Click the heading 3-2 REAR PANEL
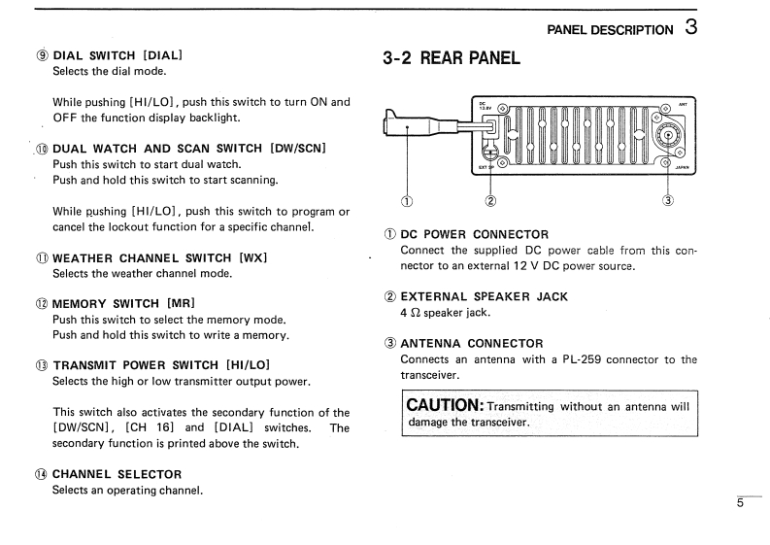pyautogui.click(x=452, y=57)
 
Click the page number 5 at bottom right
pyautogui.click(x=740, y=502)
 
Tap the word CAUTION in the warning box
pyautogui.click(x=445, y=404)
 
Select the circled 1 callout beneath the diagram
pyautogui.click(x=406, y=202)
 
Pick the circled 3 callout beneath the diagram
pyautogui.click(x=667, y=202)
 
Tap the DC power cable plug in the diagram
pyautogui.click(x=399, y=124)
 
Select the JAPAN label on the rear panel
pyautogui.click(x=681, y=167)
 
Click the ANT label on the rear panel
pyautogui.click(x=682, y=104)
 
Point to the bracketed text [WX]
pyautogui.click(x=252, y=257)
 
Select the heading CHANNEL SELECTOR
pyautogui.click(x=117, y=474)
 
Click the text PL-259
pyautogui.click(x=585, y=359)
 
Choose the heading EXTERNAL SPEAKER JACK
pyautogui.click(x=485, y=296)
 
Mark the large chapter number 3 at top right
pyautogui.click(x=689, y=27)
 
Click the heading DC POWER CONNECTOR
pyautogui.click(x=475, y=234)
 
